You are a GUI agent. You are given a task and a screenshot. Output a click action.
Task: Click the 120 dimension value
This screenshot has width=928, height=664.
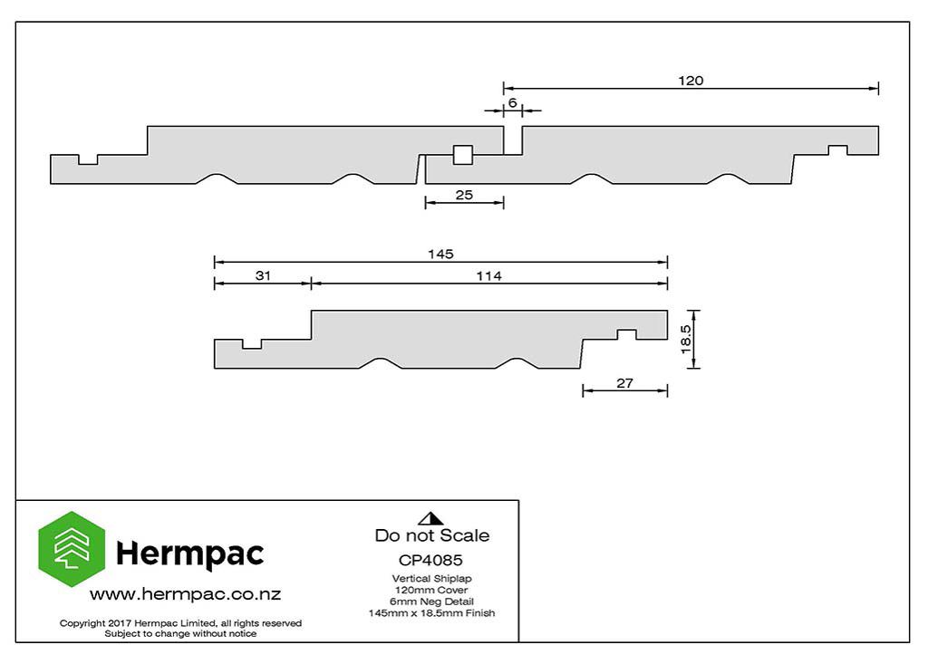691,81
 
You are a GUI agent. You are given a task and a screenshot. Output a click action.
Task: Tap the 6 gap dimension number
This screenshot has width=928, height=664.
513,103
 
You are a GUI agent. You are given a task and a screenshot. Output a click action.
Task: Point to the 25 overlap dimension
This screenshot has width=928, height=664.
464,195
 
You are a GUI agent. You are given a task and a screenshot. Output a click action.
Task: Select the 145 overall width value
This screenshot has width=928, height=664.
441,254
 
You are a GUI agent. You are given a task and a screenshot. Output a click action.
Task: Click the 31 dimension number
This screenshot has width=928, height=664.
263,275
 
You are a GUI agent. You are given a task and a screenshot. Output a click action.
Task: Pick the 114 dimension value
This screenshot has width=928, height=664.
488,275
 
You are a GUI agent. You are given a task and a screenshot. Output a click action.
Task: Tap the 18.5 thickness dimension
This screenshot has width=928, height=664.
685,339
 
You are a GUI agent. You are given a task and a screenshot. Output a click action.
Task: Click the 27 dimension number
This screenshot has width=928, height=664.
625,383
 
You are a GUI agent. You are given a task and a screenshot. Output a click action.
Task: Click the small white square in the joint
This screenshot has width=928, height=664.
463,155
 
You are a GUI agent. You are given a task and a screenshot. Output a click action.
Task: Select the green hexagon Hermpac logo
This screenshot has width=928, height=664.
72,549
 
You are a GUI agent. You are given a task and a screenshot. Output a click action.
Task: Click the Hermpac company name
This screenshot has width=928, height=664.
190,554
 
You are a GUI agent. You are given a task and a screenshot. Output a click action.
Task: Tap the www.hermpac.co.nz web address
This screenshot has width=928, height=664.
185,594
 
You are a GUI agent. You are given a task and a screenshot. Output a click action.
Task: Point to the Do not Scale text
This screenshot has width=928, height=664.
432,535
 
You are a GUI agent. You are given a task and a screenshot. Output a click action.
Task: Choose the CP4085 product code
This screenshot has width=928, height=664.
430,560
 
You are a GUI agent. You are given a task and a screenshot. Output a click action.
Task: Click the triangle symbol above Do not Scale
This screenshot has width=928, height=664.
430,518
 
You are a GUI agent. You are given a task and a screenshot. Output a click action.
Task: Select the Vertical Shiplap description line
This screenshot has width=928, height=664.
431,579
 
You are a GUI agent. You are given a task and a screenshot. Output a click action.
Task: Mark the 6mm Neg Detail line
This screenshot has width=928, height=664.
431,601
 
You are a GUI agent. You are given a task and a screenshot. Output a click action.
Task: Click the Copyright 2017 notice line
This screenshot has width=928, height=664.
180,623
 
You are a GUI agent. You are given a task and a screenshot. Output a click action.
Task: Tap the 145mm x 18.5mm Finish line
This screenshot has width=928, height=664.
431,613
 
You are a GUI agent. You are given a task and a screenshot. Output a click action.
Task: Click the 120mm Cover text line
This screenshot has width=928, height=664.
431,590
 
